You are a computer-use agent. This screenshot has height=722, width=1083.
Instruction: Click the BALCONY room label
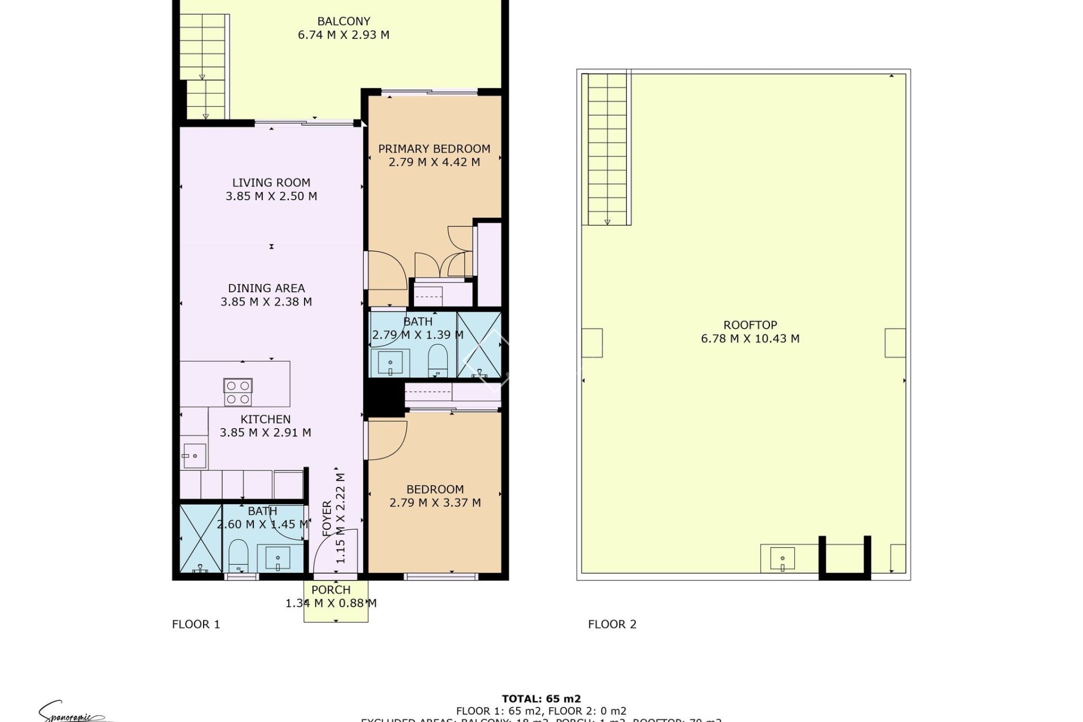[344, 21]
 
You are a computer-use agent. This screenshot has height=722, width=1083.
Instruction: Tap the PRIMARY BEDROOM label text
[434, 149]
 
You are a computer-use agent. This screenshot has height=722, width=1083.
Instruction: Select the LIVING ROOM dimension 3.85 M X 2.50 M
[271, 196]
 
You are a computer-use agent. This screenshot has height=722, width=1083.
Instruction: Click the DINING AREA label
[266, 288]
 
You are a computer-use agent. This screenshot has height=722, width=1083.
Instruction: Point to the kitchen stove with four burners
[238, 392]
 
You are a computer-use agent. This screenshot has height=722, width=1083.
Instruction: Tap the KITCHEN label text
[266, 419]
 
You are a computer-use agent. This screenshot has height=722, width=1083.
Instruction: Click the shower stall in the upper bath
[478, 345]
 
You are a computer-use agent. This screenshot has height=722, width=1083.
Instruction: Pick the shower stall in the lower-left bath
[200, 538]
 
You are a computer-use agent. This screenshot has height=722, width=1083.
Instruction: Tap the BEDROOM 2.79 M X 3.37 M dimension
[435, 503]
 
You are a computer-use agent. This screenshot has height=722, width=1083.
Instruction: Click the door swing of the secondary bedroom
[388, 439]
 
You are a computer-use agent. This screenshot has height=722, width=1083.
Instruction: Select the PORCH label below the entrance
[331, 589]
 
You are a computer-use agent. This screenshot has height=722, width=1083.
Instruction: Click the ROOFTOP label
[750, 325]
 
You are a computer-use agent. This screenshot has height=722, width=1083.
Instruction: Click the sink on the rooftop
[782, 559]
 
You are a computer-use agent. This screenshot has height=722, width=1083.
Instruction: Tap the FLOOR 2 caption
[612, 624]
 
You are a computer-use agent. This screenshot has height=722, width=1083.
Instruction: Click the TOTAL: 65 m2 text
[541, 699]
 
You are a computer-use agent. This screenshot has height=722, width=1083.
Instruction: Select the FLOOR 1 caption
[196, 624]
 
